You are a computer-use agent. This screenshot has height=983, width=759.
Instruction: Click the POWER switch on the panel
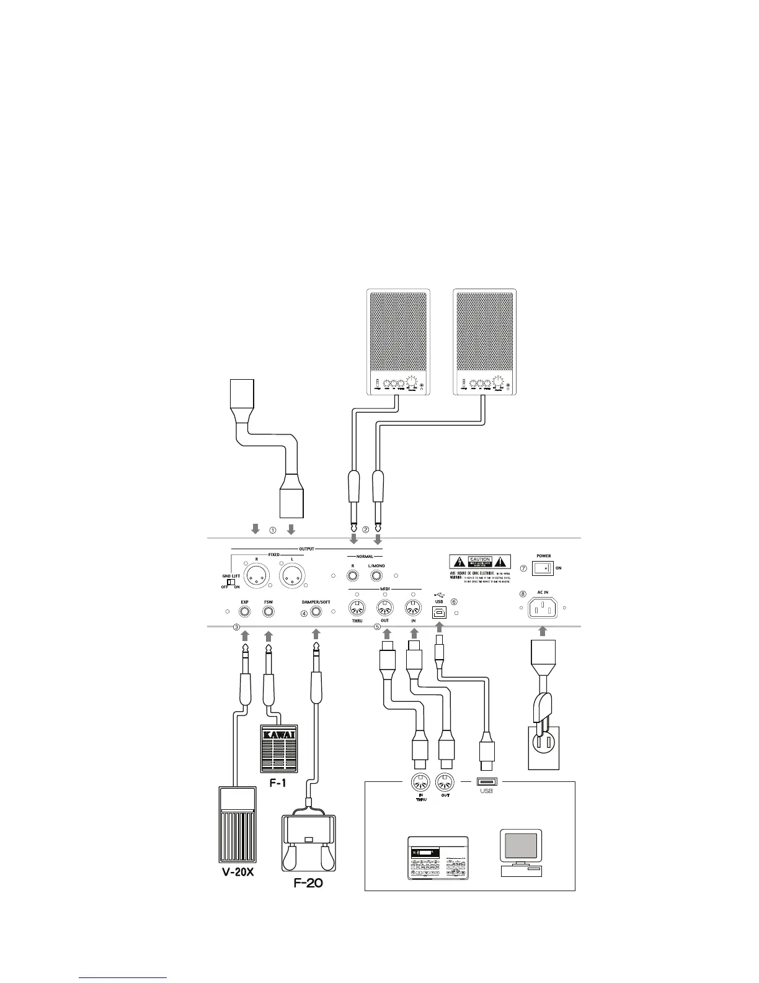coord(543,568)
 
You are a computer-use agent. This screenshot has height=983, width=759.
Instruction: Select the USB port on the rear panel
coord(440,611)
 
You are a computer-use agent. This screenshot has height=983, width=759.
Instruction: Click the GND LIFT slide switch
coord(232,581)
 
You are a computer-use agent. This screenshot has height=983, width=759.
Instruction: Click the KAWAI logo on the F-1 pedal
coord(278,735)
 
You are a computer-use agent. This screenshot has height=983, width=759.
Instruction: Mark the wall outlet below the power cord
coord(543,748)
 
